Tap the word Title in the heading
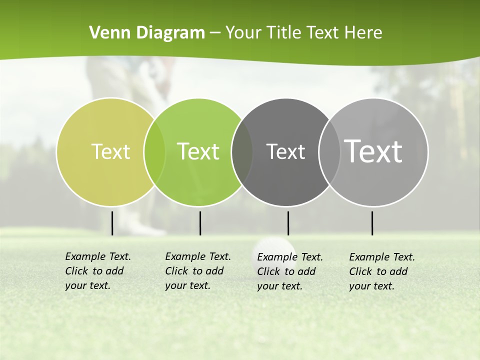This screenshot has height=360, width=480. (283, 33)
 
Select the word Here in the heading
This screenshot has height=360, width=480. (363, 33)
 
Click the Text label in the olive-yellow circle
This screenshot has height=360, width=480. (110, 151)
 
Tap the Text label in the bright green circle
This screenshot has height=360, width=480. (198, 151)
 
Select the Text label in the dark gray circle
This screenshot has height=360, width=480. (285, 151)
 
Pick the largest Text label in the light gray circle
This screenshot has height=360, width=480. (373, 151)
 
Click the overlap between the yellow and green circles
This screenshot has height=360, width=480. (154, 152)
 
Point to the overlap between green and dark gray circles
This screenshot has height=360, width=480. (242, 152)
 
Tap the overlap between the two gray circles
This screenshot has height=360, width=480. (329, 152)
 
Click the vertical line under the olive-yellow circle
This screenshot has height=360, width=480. (112, 223)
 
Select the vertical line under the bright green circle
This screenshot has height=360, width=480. (200, 223)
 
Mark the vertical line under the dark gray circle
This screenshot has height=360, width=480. (288, 223)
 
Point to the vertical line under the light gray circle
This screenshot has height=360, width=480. (372, 223)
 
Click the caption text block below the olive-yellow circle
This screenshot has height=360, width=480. (98, 271)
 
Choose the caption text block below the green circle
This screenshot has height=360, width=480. (198, 271)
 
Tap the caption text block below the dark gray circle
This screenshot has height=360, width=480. (290, 271)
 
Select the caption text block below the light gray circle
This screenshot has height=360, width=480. (382, 271)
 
